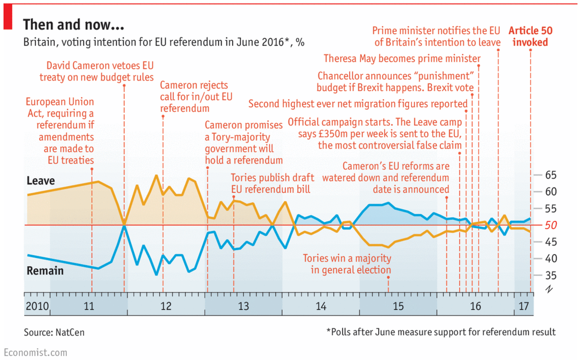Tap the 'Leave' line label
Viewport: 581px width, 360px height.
pos(41,180)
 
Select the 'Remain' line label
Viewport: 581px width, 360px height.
pos(45,271)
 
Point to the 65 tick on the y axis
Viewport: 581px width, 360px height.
pos(550,175)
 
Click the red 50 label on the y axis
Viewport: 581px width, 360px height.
pos(550,225)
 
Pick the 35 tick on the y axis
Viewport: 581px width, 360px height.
pos(550,275)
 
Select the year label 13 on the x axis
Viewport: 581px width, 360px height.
pos(243,306)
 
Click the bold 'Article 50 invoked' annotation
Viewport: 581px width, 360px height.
pos(530,36)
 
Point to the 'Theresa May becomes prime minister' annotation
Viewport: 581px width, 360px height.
pos(402,58)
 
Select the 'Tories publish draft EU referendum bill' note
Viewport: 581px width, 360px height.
pos(273,184)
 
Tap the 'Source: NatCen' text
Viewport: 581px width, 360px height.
pos(54,332)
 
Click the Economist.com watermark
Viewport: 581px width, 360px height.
pos(36,352)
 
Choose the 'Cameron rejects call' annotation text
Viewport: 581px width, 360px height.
pos(194,96)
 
